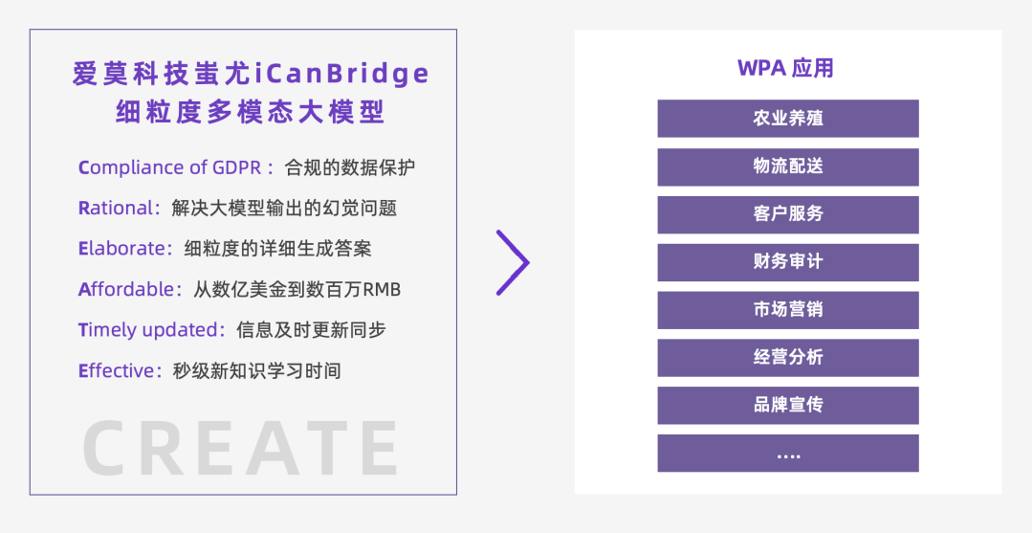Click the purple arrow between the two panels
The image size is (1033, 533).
point(514,261)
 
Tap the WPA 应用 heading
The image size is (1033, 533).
point(786,68)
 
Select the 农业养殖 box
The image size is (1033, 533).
point(787,119)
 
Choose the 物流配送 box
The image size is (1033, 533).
point(787,167)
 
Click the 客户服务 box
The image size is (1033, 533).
point(787,214)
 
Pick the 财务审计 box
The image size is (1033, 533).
point(787,262)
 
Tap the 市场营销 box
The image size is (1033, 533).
point(787,310)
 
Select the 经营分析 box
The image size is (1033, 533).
point(787,358)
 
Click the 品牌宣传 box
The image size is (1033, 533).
point(787,406)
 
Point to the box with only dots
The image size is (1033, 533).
point(787,454)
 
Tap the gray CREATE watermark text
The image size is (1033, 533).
point(240,448)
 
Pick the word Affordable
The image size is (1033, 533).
point(125,289)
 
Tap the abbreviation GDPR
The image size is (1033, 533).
point(236,167)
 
